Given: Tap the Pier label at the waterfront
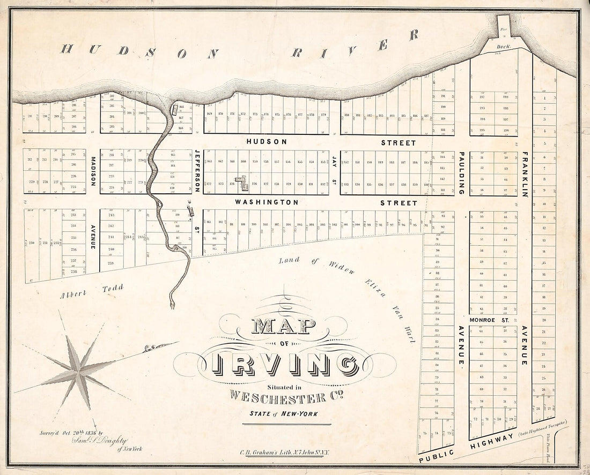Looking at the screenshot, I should [x=503, y=31].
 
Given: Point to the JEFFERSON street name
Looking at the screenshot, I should [x=197, y=171].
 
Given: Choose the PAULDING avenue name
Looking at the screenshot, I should [x=461, y=173].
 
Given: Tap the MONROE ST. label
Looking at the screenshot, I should [x=489, y=320].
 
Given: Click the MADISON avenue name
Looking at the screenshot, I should [x=93, y=171].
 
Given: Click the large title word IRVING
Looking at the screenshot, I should [x=286, y=364].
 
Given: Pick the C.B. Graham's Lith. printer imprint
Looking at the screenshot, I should [x=286, y=453].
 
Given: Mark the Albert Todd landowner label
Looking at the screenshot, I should [x=92, y=291].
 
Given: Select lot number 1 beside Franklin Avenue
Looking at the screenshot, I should [x=544, y=98].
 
